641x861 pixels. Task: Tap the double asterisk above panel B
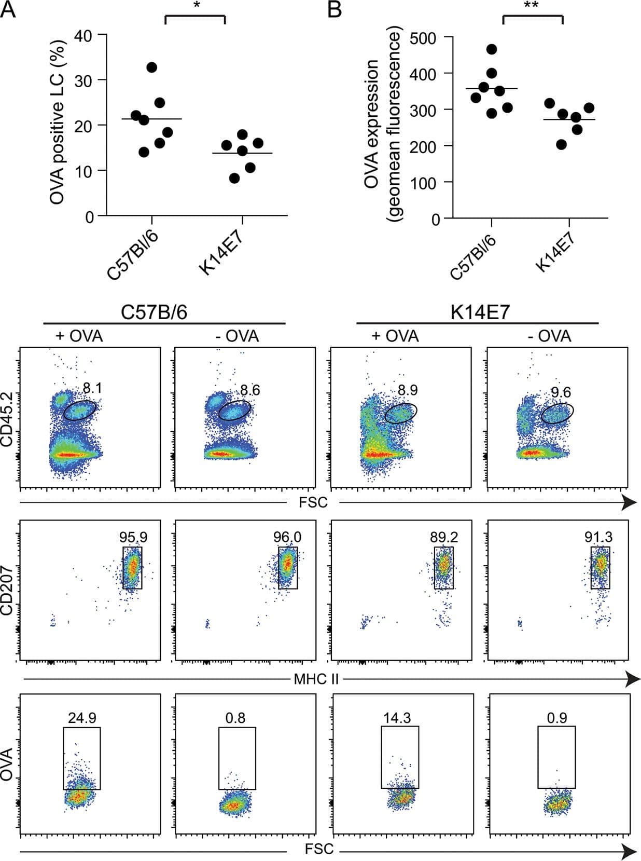532,6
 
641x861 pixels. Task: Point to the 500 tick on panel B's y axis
423,38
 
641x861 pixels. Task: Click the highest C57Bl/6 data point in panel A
152,67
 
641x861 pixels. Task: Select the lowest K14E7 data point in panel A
234,178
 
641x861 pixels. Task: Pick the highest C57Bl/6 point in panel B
492,49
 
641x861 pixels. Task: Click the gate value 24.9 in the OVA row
82,718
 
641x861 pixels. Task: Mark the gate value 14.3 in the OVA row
397,718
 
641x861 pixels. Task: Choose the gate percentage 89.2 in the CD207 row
443,537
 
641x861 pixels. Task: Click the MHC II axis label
316,679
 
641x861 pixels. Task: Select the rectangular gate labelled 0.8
237,758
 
